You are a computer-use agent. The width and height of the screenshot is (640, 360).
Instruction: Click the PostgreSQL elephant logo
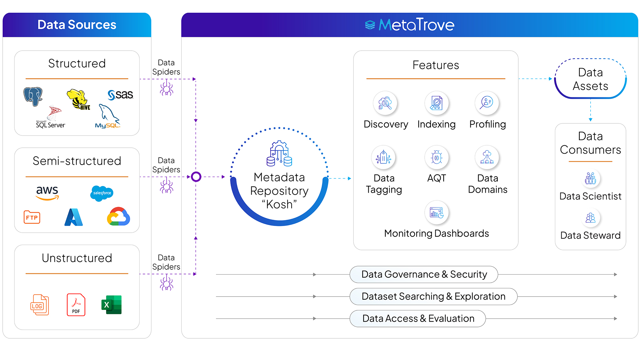[33, 96]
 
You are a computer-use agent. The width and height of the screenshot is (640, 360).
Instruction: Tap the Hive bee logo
[78, 99]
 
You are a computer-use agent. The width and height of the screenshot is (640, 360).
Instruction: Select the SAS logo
[120, 95]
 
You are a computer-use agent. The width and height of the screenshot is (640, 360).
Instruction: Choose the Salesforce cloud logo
[102, 193]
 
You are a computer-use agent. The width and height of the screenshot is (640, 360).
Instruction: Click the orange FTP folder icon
[32, 217]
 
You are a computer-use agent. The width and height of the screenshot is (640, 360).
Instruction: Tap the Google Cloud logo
[118, 217]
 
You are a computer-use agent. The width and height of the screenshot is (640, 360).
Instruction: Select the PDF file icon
[76, 305]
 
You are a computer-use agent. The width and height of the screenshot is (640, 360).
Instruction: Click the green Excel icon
[111, 305]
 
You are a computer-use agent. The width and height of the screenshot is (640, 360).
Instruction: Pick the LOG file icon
[40, 305]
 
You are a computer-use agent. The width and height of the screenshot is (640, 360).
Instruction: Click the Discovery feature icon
[385, 103]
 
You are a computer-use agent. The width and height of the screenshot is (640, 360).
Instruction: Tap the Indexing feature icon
[436, 103]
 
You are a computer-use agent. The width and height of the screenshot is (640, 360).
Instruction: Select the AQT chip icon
[436, 157]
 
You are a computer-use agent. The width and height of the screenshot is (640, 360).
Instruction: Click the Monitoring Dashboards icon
[436, 212]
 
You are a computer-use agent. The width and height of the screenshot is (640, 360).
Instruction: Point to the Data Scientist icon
[590, 178]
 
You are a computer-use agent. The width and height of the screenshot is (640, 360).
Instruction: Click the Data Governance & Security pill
[424, 274]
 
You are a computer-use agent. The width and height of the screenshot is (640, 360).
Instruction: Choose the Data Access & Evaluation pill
[418, 319]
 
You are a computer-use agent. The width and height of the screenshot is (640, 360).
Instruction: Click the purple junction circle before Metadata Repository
[196, 177]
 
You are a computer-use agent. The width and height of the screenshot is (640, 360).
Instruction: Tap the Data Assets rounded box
[590, 79]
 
